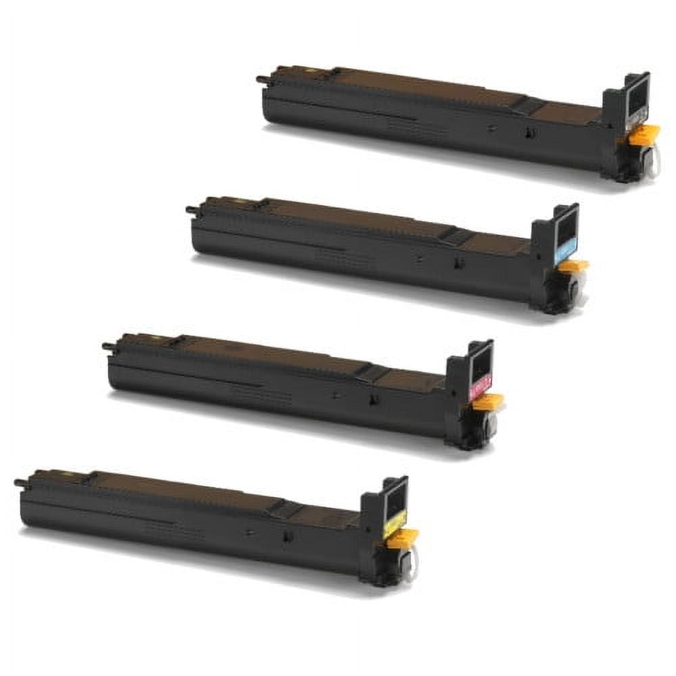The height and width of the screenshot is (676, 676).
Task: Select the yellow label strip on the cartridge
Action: point(395,523)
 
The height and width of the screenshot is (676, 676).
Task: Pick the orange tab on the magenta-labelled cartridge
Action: point(488,402)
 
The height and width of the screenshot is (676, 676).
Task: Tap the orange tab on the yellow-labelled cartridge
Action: point(403,537)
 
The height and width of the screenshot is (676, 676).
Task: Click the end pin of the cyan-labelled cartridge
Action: point(190,210)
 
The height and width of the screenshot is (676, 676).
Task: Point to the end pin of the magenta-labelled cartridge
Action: point(106,346)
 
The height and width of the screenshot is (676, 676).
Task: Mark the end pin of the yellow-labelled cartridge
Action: point(19,483)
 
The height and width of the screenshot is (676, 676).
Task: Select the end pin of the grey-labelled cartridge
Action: point(260,79)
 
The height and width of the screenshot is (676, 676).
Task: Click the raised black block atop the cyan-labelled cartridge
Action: point(454,237)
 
